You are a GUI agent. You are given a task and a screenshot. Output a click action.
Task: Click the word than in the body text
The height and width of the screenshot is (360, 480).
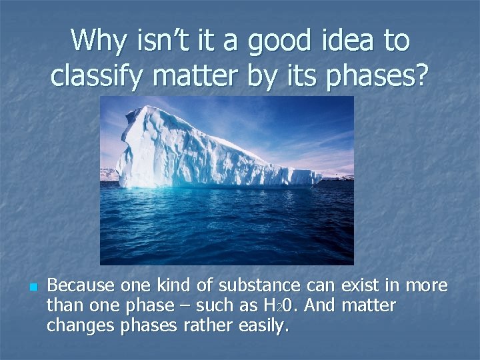[x=64, y=306]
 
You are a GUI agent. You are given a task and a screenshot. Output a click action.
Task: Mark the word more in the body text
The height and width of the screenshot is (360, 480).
[x=426, y=286]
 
